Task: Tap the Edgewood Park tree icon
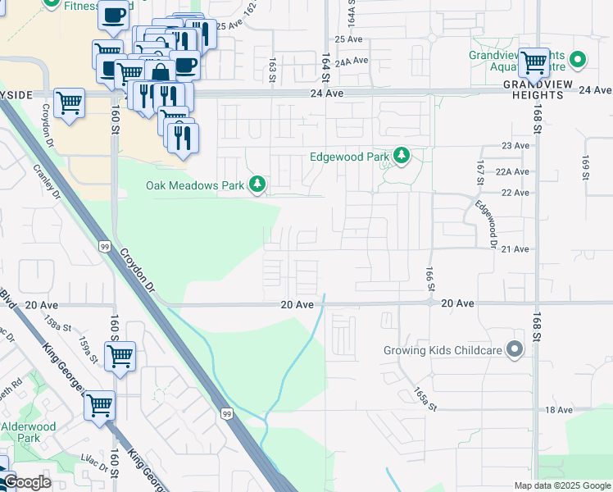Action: pos(401,156)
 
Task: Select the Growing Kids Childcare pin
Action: pos(515,350)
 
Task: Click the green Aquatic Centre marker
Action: pos(578,60)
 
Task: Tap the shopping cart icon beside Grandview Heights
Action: pos(534,61)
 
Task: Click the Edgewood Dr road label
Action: pos(487,221)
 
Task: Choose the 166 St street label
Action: pos(429,277)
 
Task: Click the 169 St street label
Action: pos(585,165)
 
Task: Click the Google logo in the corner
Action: pos(27,482)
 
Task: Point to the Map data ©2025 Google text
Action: pos(561,485)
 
